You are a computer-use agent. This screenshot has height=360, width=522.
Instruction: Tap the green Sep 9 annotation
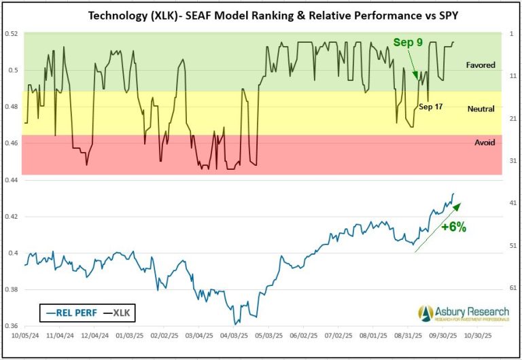point(408,42)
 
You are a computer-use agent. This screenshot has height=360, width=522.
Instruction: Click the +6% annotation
point(453,228)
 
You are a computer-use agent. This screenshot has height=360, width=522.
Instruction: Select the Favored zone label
point(480,65)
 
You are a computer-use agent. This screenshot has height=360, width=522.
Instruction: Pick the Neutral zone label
point(481,109)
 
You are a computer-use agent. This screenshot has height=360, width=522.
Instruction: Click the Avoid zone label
point(485,143)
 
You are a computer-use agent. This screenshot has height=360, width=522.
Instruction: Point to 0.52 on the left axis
point(12,33)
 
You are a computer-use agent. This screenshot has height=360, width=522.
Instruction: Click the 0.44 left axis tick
point(12,180)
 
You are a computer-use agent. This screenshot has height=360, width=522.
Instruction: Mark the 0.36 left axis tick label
point(12,327)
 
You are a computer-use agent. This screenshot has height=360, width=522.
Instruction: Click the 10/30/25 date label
point(486,336)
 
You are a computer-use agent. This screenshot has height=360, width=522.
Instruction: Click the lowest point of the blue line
point(234,324)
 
